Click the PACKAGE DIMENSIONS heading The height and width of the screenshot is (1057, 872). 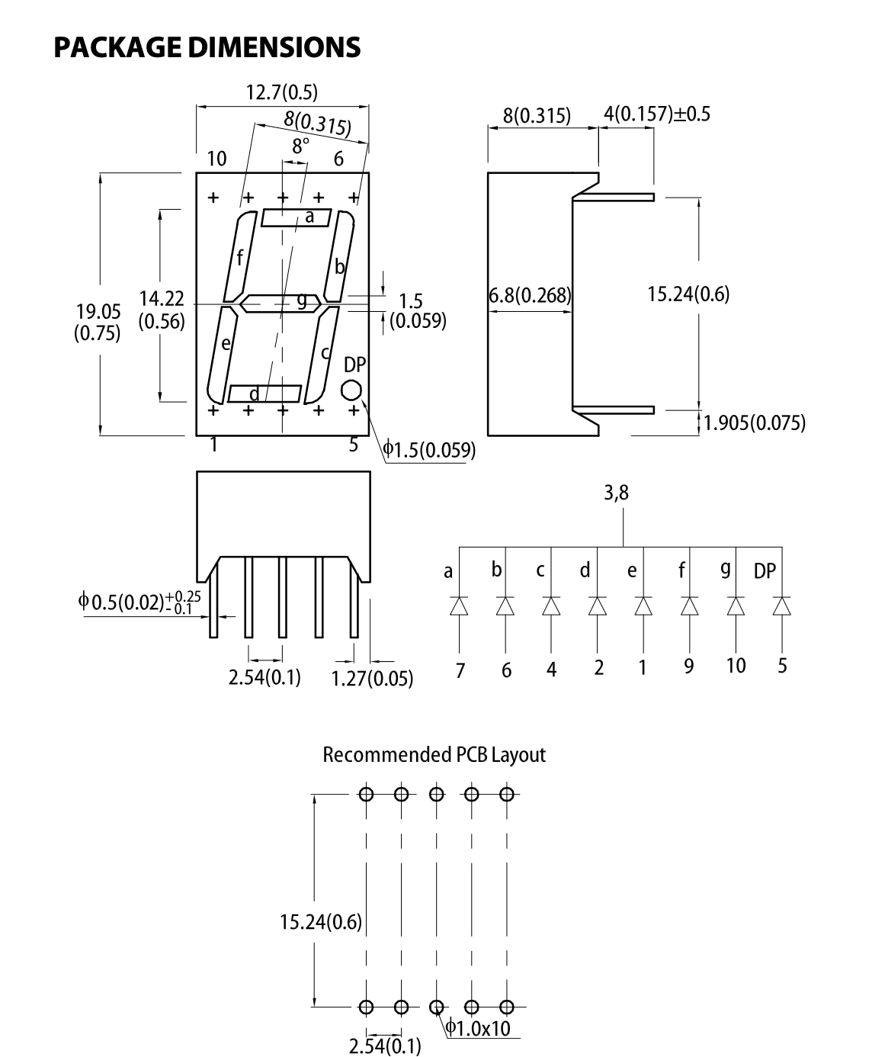point(207,47)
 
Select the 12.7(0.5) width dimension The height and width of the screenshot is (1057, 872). point(281,92)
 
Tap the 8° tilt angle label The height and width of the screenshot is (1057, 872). point(300,146)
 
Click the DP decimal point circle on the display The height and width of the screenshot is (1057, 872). point(351,390)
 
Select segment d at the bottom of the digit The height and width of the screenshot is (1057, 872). point(264,394)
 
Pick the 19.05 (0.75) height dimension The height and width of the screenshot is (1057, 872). point(98,321)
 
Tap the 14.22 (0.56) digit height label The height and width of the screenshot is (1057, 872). point(162,310)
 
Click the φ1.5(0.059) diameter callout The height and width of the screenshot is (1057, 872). point(429,450)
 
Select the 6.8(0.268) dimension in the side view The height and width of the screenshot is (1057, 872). point(530,295)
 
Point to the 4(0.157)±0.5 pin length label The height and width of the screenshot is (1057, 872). point(656,114)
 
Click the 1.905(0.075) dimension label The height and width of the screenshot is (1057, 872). point(754,422)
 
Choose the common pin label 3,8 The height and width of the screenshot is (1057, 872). point(616,493)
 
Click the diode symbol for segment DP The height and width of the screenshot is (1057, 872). point(781,606)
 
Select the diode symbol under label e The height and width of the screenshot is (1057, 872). point(643,606)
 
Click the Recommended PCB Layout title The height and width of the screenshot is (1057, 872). point(434,755)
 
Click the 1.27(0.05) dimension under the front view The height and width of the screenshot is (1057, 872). point(372,677)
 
